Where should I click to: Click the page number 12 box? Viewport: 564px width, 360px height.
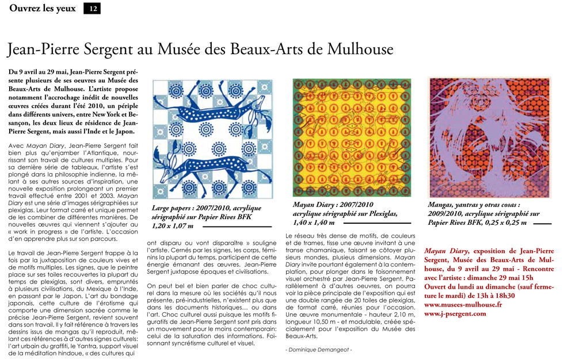coord(92,8)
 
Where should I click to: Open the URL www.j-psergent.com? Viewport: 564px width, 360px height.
coord(455,314)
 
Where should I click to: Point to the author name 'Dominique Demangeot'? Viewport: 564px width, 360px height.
coord(318,349)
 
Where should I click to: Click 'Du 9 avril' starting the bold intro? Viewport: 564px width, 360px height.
coord(25,72)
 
